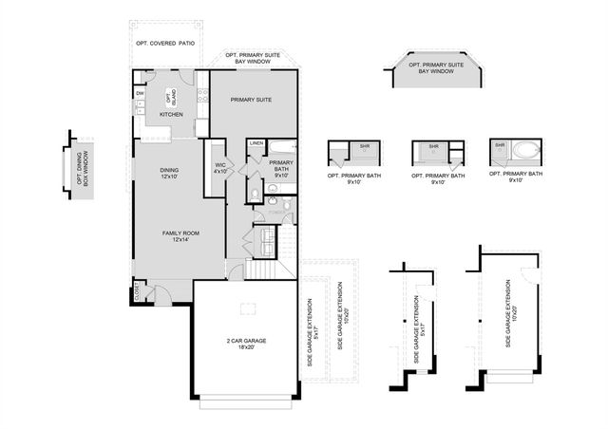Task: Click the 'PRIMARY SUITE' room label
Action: tap(251, 99)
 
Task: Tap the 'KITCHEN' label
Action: tap(171, 115)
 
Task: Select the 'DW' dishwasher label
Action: tap(140, 93)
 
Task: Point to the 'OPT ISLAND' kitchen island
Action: tap(171, 96)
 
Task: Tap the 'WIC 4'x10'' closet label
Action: tap(220, 169)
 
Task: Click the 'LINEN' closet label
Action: tap(256, 143)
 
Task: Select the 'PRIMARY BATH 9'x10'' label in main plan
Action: tap(280, 169)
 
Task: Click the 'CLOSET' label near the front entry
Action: tap(138, 292)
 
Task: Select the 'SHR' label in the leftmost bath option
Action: tap(364, 146)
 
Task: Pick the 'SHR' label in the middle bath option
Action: tap(433, 146)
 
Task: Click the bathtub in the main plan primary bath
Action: tap(282, 148)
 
